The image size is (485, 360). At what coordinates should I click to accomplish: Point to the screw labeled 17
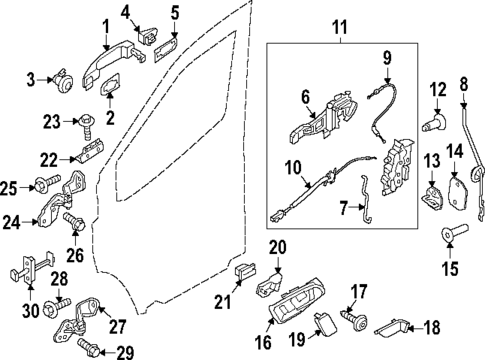point(356,315)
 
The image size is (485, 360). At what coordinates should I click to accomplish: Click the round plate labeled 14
point(459,191)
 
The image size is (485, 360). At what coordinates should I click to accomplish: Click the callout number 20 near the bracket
point(277,247)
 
